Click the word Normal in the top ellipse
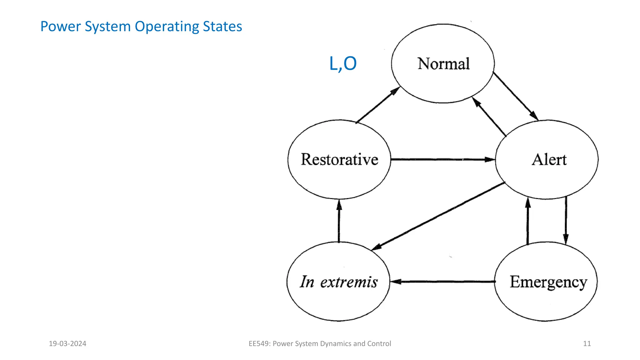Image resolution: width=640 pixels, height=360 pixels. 443,64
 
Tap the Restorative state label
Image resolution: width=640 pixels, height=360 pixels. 339,159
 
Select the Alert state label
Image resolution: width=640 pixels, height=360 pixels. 549,160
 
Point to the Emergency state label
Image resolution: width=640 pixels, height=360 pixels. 548,282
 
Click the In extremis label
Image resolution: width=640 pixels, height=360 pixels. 339,282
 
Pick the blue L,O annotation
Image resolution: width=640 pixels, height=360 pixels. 343,64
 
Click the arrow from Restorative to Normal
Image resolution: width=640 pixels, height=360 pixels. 377,105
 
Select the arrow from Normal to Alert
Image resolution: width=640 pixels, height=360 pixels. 515,96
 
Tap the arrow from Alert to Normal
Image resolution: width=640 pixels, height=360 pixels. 489,117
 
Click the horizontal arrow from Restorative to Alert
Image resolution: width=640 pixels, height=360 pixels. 443,159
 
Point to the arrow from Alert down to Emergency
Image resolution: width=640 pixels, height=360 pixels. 566,220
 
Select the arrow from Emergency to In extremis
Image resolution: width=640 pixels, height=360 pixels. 443,282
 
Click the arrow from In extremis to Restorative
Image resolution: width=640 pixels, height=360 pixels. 339,221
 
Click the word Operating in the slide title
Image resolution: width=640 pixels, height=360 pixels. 167,27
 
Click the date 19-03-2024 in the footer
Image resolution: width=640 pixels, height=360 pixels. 67,344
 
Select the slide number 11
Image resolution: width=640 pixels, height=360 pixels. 587,344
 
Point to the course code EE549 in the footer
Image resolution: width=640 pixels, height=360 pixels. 259,344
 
